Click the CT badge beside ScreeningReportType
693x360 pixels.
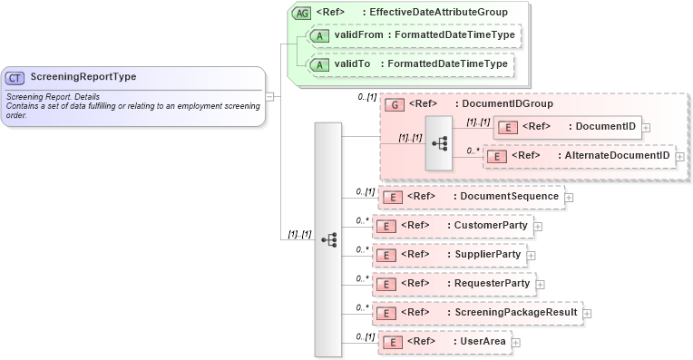(15, 78)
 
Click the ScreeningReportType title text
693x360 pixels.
(83, 77)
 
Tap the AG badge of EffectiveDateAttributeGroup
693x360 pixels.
(300, 13)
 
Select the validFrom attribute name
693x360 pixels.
(357, 35)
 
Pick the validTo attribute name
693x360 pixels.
(352, 65)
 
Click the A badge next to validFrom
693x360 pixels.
(319, 36)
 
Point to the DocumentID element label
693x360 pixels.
(606, 126)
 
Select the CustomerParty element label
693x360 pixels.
(490, 225)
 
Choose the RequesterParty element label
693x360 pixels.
(492, 284)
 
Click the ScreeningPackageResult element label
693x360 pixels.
(515, 313)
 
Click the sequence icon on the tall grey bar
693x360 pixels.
(328, 239)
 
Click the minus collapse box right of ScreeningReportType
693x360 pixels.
(270, 96)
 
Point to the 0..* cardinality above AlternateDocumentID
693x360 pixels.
(473, 151)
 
